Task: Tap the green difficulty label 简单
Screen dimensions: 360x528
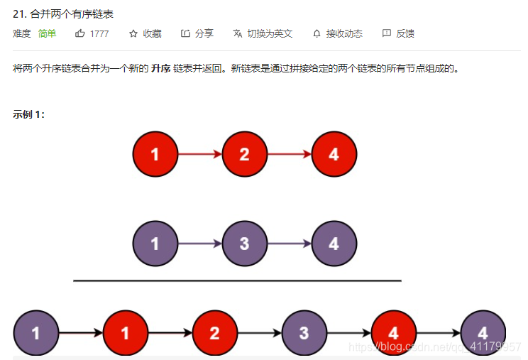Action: click(x=47, y=33)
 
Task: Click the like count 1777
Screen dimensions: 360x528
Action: click(x=99, y=33)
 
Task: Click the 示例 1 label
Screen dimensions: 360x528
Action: click(x=28, y=114)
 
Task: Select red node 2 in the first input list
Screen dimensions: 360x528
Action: click(x=245, y=154)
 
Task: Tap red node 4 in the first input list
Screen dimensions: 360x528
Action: click(x=334, y=154)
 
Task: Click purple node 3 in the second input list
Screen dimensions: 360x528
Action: click(x=245, y=244)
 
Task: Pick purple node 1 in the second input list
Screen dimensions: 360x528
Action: click(x=155, y=244)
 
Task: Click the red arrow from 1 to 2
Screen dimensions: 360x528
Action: click(x=200, y=154)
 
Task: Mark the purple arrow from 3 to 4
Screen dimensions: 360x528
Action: click(x=290, y=244)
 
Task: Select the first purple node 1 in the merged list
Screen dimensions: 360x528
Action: click(x=36, y=332)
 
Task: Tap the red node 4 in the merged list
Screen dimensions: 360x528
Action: click(x=394, y=332)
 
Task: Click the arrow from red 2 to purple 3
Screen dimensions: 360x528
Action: click(x=260, y=332)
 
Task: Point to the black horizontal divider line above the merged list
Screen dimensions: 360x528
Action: click(x=237, y=280)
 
